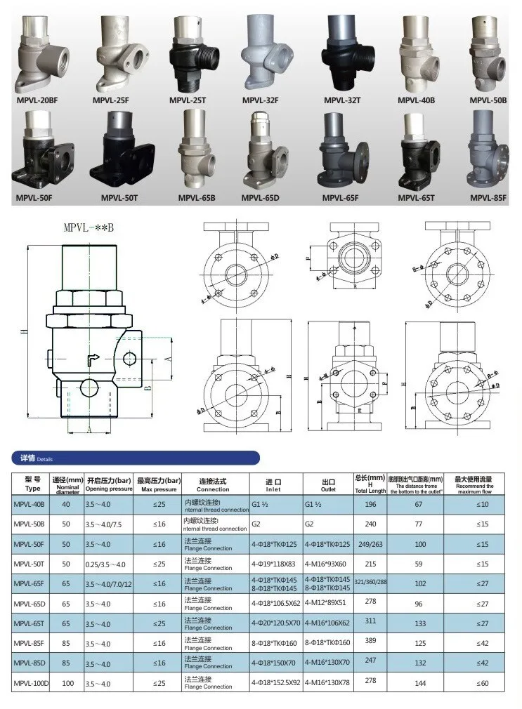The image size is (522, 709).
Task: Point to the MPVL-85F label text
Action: tap(488, 198)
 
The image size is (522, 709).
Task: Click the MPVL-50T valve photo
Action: tap(121, 151)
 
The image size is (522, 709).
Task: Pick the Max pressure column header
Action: tap(159, 484)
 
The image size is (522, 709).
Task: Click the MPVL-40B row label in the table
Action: tap(28, 505)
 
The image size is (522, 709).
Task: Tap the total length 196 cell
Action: tap(371, 504)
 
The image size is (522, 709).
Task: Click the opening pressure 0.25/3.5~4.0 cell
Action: tap(105, 564)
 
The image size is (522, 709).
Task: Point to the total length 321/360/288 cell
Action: tap(371, 583)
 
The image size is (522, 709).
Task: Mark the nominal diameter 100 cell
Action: tap(67, 682)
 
